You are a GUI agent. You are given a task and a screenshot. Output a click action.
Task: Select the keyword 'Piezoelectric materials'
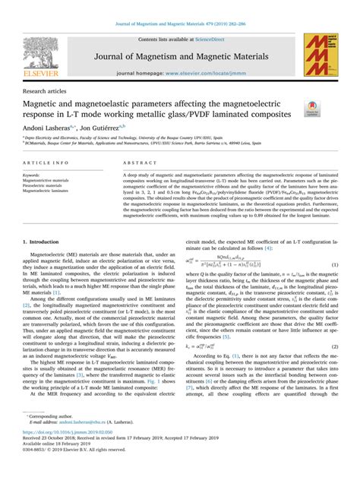47,185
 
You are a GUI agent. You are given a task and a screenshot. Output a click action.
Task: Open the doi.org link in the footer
66,448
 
